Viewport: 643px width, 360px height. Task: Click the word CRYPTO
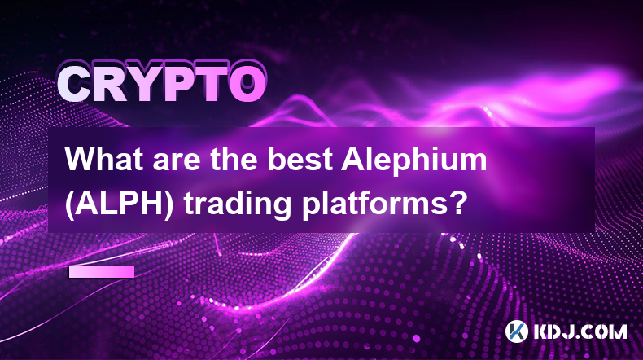[161, 84]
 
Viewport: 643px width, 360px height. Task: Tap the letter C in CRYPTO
[74, 85]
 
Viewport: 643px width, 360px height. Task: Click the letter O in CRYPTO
[247, 85]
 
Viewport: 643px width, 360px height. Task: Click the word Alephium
[413, 162]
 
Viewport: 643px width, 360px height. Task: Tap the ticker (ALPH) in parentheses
[120, 203]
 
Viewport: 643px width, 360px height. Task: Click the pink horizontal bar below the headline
[102, 271]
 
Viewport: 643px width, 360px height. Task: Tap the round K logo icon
[516, 331]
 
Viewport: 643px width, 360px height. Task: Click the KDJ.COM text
[580, 331]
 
